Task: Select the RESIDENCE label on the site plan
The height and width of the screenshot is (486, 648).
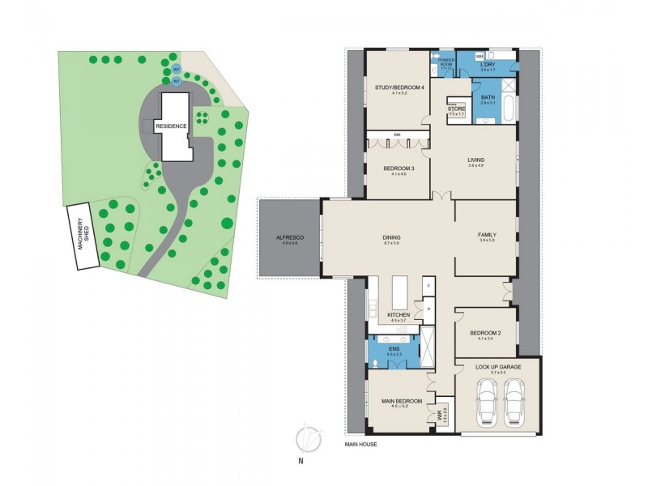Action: (x=172, y=126)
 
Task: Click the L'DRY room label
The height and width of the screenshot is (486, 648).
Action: (x=488, y=64)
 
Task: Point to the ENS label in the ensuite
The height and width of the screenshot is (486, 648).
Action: (x=394, y=349)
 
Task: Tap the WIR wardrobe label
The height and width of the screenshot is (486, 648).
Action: (x=442, y=416)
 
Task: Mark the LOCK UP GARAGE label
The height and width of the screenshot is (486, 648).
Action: (x=498, y=367)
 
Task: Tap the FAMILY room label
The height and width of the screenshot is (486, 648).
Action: (x=487, y=235)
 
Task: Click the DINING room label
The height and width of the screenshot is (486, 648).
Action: (x=392, y=237)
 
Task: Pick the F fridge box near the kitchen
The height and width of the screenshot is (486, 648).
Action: (x=428, y=284)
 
